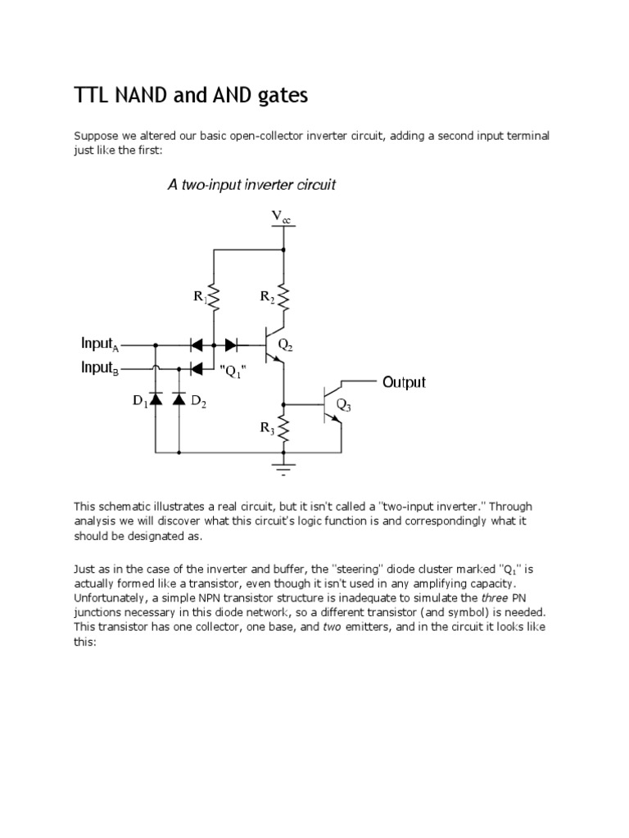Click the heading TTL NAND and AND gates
pyautogui.click(x=191, y=96)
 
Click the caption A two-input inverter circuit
pyautogui.click(x=251, y=185)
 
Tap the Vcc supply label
pyautogui.click(x=280, y=218)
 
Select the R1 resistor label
pyautogui.click(x=201, y=297)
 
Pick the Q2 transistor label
pyautogui.click(x=285, y=345)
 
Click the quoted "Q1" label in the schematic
pyautogui.click(x=233, y=371)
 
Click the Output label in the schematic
pyautogui.click(x=404, y=382)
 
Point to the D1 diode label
pyautogui.click(x=140, y=401)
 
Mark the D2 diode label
pyautogui.click(x=199, y=401)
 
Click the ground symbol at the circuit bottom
pyautogui.click(x=283, y=468)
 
